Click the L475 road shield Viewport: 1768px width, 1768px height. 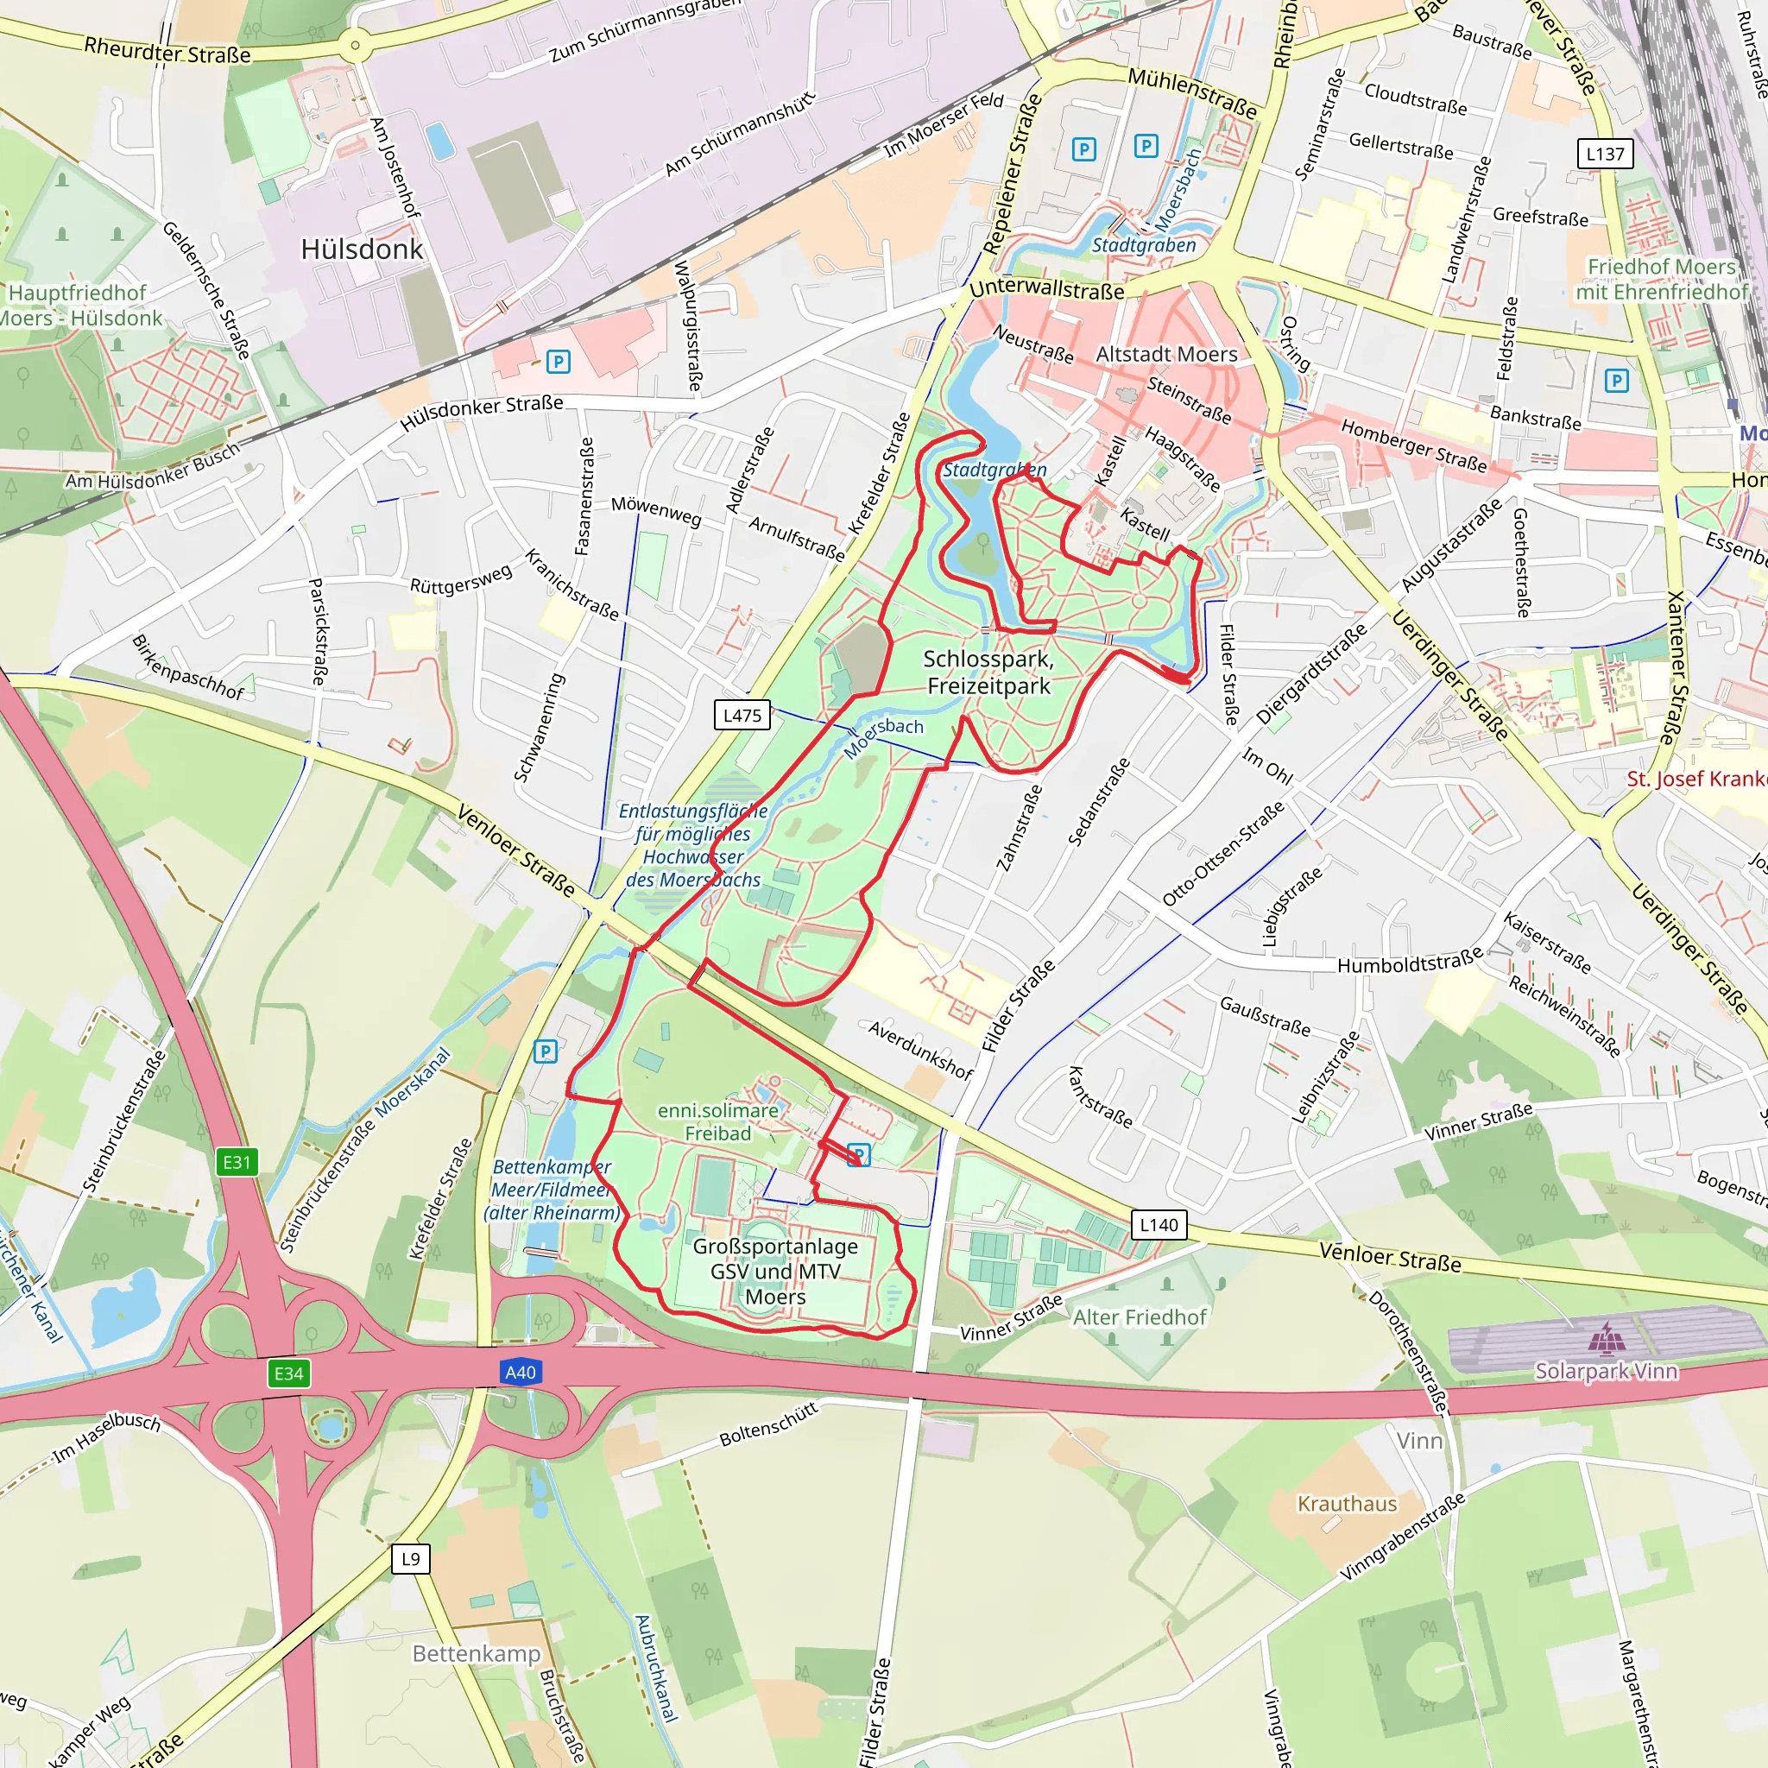(x=742, y=716)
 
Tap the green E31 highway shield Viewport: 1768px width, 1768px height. (x=237, y=1162)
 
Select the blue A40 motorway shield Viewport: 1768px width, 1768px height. (x=520, y=1372)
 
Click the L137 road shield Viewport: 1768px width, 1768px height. (x=1605, y=154)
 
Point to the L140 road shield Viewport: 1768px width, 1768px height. (x=1159, y=1224)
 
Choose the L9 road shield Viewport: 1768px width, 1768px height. (x=411, y=1558)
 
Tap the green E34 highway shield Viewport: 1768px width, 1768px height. (x=288, y=1373)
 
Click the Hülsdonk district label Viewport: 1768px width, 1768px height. (x=362, y=249)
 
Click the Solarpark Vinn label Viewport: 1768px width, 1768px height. (x=1606, y=1371)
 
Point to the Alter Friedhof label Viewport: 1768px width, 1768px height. (x=1140, y=1317)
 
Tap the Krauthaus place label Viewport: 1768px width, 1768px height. (x=1347, y=1504)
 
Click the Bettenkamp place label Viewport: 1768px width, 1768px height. (x=476, y=1652)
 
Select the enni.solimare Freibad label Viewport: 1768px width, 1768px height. (x=718, y=1121)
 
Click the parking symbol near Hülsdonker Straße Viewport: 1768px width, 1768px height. (x=558, y=362)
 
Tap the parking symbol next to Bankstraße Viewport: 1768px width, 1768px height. (x=1616, y=381)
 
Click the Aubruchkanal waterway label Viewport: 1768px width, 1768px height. (x=656, y=1668)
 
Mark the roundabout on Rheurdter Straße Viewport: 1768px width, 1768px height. (x=355, y=45)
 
